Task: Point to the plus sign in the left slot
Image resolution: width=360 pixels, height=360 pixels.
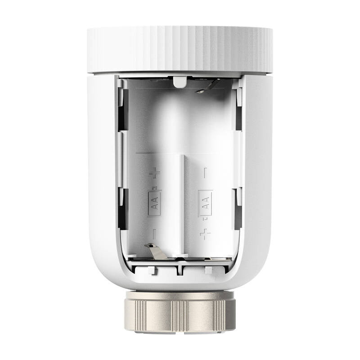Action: point(154,172)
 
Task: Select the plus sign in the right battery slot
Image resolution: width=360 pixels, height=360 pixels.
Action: point(205,233)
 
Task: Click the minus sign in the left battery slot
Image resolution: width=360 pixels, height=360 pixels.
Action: point(154,233)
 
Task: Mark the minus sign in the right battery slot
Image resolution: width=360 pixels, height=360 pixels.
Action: point(205,171)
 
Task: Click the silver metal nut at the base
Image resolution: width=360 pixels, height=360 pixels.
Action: point(180,311)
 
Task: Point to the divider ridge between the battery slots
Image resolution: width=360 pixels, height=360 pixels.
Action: point(183,202)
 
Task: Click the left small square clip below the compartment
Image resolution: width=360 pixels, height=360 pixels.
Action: point(153,270)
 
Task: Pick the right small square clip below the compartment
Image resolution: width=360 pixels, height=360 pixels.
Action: point(208,270)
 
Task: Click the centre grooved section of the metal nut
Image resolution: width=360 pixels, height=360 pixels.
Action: point(180,313)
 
